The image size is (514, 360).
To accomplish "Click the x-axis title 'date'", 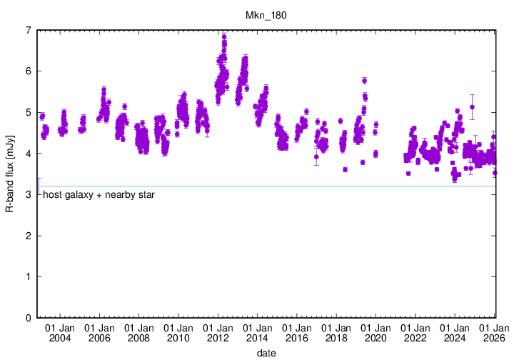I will coord(266,353).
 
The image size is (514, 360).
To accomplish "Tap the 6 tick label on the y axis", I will coord(28,71).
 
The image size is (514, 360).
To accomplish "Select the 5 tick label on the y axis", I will coord(28,112).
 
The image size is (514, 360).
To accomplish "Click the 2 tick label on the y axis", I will coord(28,236).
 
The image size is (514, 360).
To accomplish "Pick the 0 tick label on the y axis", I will coord(28,318).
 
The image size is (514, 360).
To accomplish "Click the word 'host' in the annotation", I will coord(52,194).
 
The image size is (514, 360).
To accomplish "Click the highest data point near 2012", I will coord(224,36).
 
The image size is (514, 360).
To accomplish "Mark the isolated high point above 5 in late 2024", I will coord(472,107).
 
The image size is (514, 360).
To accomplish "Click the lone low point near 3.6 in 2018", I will coord(345,169).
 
